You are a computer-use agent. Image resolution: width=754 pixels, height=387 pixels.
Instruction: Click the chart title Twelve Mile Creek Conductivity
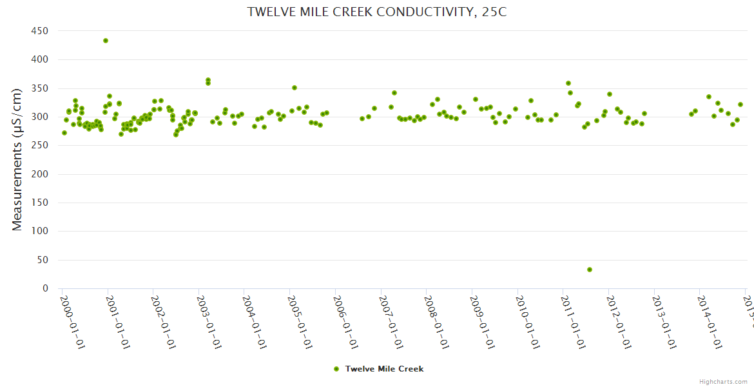377,12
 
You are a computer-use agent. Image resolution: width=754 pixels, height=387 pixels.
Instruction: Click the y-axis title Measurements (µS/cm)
17,160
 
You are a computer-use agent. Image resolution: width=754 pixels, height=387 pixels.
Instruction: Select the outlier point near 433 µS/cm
106,41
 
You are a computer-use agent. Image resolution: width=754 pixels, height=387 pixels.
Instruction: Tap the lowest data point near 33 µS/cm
590,270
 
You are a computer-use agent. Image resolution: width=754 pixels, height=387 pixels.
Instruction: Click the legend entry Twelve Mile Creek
384,369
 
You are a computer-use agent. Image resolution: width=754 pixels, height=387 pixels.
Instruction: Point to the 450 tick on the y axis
40,31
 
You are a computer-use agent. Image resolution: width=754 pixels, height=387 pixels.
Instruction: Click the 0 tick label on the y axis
45,289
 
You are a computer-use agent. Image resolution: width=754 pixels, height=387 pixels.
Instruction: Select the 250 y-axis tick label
40,146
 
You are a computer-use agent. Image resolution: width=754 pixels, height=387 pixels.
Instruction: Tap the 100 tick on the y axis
40,232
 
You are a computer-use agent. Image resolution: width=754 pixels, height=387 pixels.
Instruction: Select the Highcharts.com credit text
723,381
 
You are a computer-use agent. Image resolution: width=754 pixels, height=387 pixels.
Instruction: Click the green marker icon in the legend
336,369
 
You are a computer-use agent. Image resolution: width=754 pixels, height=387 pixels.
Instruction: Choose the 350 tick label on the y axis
40,88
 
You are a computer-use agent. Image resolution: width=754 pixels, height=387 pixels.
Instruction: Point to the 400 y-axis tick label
40,59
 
